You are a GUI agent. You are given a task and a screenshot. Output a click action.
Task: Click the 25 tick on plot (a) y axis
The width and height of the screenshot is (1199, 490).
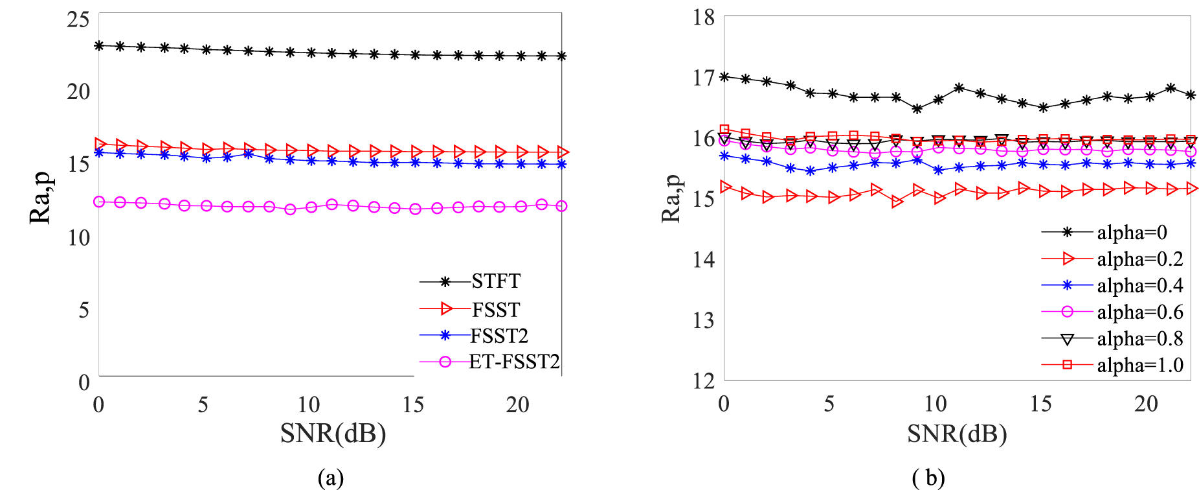click(x=78, y=19)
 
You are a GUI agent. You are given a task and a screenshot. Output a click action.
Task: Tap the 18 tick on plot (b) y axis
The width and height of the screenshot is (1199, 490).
click(x=704, y=17)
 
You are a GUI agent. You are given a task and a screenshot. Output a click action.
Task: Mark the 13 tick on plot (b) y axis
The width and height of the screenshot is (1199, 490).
click(x=704, y=320)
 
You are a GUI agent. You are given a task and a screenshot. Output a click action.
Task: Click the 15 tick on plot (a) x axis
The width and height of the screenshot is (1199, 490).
click(x=413, y=405)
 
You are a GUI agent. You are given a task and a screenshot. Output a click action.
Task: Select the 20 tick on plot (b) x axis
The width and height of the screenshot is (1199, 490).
click(x=1146, y=404)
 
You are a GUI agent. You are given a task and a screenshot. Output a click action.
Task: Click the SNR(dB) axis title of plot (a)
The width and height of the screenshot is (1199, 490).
click(x=333, y=432)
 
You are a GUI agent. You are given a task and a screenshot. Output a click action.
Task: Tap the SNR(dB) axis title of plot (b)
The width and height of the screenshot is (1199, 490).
click(x=957, y=433)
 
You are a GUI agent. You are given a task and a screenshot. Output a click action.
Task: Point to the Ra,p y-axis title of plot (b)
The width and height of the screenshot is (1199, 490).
click(x=671, y=198)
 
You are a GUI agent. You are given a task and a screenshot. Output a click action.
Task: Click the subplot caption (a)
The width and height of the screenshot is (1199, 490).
click(x=331, y=478)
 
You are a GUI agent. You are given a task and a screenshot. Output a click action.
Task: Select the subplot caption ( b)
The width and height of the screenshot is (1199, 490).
click(x=928, y=478)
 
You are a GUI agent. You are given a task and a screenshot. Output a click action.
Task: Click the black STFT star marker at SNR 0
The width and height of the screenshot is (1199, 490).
click(x=99, y=45)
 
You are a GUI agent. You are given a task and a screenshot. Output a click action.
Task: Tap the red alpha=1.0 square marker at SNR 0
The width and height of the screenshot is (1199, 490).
click(x=724, y=130)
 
